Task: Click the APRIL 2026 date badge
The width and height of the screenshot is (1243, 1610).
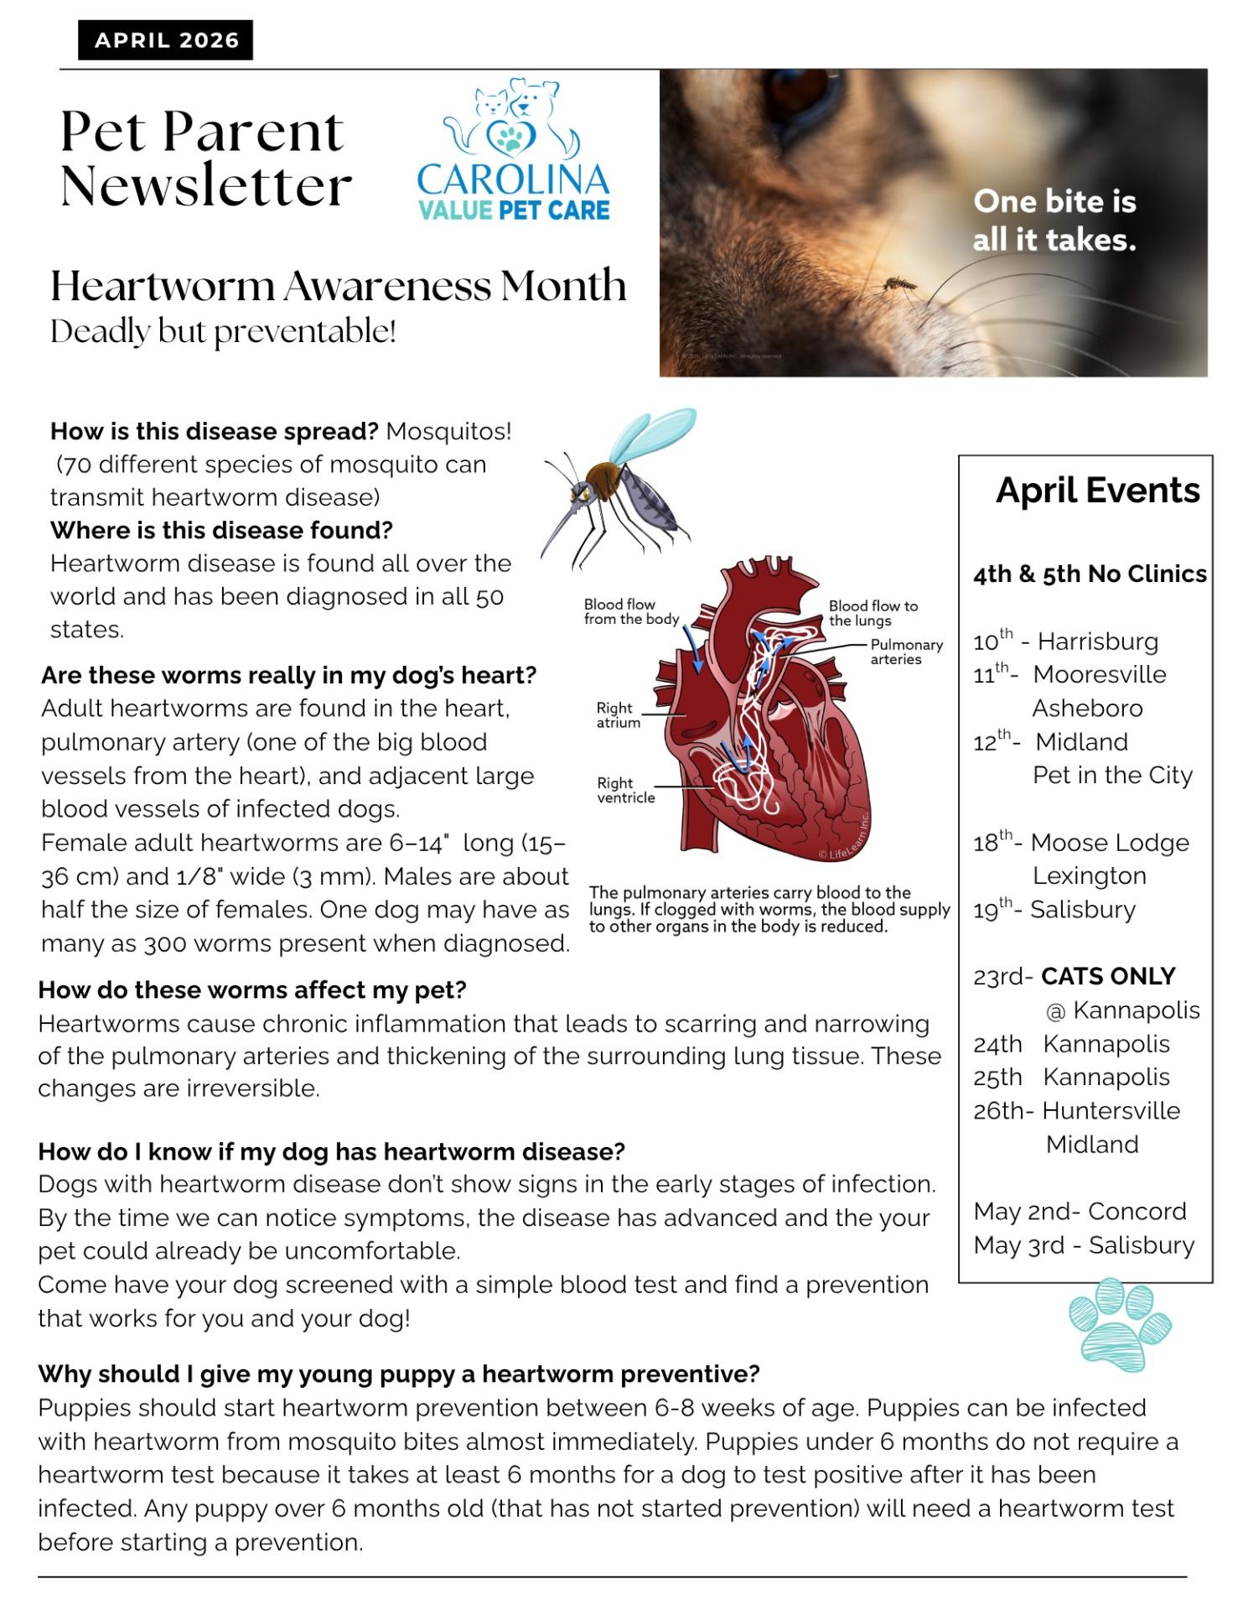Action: pyautogui.click(x=166, y=40)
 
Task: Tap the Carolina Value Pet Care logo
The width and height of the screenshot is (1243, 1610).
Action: pyautogui.click(x=513, y=151)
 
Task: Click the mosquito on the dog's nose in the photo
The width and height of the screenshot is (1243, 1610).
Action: pyautogui.click(x=896, y=283)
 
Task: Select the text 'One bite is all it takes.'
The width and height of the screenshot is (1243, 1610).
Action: pyautogui.click(x=1054, y=221)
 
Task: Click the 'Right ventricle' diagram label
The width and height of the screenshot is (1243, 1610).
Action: pyautogui.click(x=625, y=790)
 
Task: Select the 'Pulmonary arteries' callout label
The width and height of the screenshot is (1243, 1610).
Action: pyautogui.click(x=906, y=652)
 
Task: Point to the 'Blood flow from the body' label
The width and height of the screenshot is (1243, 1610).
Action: pyautogui.click(x=631, y=611)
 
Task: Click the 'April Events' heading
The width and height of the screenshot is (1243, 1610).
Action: pyautogui.click(x=1097, y=491)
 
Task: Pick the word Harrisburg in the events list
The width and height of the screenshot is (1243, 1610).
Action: pyautogui.click(x=1097, y=641)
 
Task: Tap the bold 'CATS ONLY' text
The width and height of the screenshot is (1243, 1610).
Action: pyautogui.click(x=1107, y=976)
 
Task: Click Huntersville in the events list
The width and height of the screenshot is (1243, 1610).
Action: pyautogui.click(x=1111, y=1110)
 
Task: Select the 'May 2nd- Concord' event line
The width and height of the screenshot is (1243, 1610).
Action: pyautogui.click(x=1080, y=1211)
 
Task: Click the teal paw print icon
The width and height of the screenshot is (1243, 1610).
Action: pyautogui.click(x=1119, y=1323)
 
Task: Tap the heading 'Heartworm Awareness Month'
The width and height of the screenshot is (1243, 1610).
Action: pyautogui.click(x=338, y=286)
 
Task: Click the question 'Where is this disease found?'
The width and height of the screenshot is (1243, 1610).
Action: pyautogui.click(x=221, y=530)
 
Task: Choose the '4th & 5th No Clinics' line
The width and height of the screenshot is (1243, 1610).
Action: pyautogui.click(x=1089, y=574)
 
